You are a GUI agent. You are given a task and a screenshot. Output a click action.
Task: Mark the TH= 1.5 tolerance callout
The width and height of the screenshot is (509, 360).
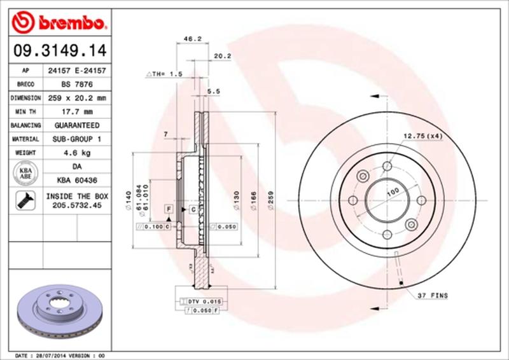(x=165, y=74)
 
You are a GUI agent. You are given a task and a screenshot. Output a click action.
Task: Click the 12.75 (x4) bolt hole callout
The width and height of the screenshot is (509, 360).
(x=422, y=135)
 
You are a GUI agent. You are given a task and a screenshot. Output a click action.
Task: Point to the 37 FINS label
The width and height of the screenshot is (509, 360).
(x=433, y=296)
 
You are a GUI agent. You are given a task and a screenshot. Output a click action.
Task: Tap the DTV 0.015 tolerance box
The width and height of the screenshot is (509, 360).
(x=204, y=300)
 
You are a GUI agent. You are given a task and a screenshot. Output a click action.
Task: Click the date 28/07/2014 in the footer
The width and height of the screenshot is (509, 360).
(x=50, y=355)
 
